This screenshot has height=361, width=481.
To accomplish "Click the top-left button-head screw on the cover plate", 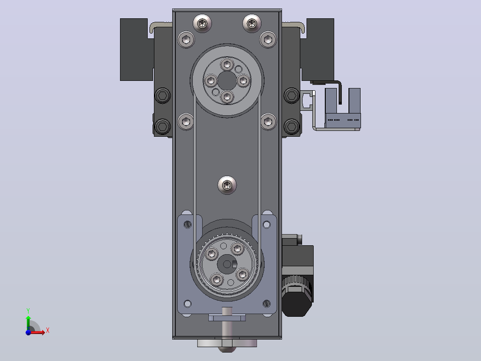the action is pyautogui.click(x=202, y=23).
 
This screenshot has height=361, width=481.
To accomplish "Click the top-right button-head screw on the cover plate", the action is pyautogui.click(x=252, y=23).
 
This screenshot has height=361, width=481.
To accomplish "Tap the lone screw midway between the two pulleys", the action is pyautogui.click(x=227, y=185).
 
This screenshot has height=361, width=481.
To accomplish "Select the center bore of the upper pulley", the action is pyautogui.click(x=227, y=80).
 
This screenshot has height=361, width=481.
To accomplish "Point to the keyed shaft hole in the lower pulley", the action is pyautogui.click(x=227, y=264).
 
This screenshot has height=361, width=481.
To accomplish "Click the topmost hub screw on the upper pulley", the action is pyautogui.click(x=227, y=64).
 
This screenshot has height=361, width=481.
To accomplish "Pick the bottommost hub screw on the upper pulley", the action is pyautogui.click(x=227, y=97).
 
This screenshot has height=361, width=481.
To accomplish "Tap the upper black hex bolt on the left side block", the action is pyautogui.click(x=162, y=96).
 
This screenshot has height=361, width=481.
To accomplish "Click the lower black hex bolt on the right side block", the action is pyautogui.click(x=291, y=126).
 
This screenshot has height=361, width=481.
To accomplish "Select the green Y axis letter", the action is pyautogui.click(x=28, y=311).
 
